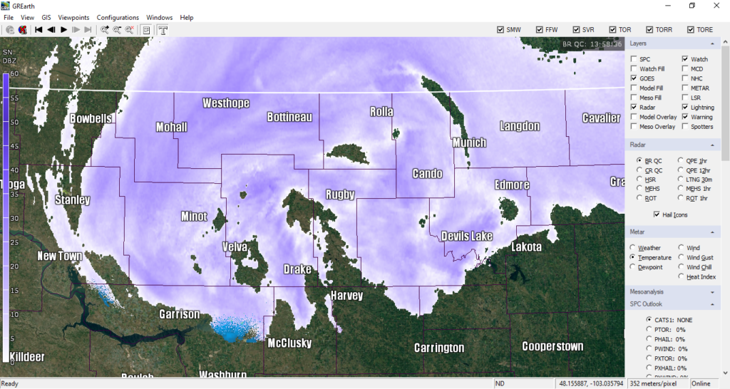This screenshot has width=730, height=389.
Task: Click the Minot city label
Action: [x=194, y=217]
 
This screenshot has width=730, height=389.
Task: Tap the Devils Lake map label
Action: [x=467, y=236]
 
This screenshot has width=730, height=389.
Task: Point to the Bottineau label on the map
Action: [x=289, y=117]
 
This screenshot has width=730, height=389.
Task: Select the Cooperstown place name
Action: [x=552, y=346]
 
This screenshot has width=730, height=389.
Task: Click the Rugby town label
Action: [x=340, y=194]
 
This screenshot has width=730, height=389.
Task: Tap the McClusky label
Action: [x=289, y=343]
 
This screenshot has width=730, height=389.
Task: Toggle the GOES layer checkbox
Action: [x=634, y=78]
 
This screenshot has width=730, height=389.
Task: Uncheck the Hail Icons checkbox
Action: [x=657, y=214]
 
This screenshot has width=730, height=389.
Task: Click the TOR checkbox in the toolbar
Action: [x=612, y=30]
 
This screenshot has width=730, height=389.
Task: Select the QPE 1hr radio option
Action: [x=680, y=161]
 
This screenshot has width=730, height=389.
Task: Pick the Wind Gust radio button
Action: [x=680, y=257]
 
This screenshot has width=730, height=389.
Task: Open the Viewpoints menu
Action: [x=73, y=17]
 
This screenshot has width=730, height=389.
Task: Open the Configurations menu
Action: [x=118, y=17]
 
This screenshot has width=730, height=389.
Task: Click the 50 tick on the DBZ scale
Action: [x=14, y=122]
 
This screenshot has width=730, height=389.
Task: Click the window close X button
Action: [x=715, y=6]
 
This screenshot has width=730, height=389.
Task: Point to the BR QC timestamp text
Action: [x=592, y=44]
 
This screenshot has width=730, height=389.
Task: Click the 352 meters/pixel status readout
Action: [x=654, y=384]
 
